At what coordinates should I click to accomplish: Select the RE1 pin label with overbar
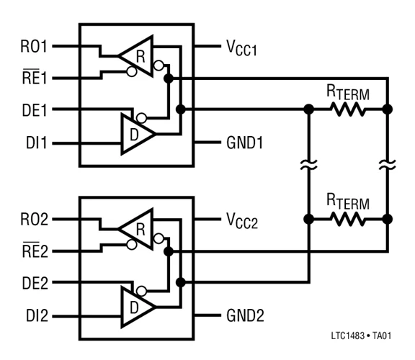click(31, 77)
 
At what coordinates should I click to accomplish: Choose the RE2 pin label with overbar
click(31, 251)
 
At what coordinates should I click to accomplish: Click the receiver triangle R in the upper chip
click(138, 55)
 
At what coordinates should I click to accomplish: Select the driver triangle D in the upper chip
click(138, 132)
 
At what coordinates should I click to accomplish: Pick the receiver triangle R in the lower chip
click(138, 229)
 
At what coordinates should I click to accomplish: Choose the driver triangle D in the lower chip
click(138, 305)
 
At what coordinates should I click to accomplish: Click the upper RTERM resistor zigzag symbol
click(349, 110)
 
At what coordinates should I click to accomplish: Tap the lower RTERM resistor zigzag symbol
click(349, 219)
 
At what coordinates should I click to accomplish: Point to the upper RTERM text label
click(348, 91)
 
